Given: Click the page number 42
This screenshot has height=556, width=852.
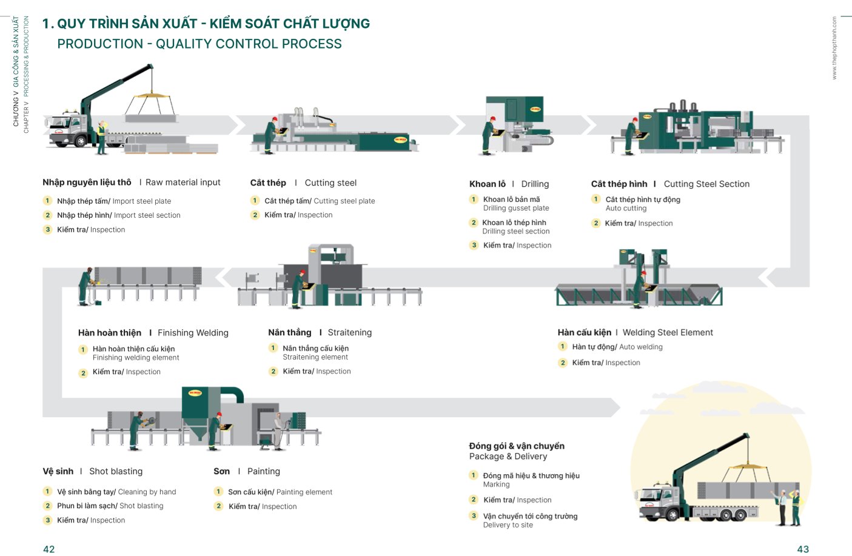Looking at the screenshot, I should tap(49, 549).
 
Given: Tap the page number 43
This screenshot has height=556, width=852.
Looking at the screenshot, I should tap(803, 549).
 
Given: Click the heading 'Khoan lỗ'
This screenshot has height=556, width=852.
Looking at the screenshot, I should tap(487, 184).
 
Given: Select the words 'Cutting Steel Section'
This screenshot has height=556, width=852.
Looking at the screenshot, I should tap(706, 184).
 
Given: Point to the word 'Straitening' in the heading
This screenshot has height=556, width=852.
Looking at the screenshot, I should tap(349, 332).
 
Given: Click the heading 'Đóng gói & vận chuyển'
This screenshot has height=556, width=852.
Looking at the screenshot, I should tap(517, 446).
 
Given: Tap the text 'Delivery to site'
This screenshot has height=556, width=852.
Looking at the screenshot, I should tap(508, 525).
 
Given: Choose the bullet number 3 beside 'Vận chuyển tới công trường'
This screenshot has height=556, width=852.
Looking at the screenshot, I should tap(474, 516).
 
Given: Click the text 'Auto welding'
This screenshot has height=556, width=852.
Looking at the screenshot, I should tap(641, 347).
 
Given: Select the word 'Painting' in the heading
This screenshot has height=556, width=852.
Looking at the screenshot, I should tap(263, 471).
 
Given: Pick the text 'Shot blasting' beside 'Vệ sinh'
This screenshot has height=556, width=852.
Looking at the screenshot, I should tap(116, 471).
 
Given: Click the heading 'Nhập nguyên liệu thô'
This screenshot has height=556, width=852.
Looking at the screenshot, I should tap(87, 182).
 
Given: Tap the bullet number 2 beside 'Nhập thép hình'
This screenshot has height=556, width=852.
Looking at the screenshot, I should tap(47, 215).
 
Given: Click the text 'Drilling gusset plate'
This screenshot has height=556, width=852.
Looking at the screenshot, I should tap(516, 208).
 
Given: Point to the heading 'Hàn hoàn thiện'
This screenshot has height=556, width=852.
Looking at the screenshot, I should tap(110, 333).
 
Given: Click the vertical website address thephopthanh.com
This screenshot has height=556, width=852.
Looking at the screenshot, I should tap(834, 49).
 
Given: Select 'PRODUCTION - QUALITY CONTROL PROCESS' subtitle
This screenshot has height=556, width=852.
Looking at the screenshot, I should tap(200, 44).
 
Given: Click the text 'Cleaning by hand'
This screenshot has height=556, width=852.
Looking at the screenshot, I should tap(147, 492).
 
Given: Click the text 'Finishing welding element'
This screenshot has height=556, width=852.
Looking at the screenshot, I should tap(136, 358).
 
